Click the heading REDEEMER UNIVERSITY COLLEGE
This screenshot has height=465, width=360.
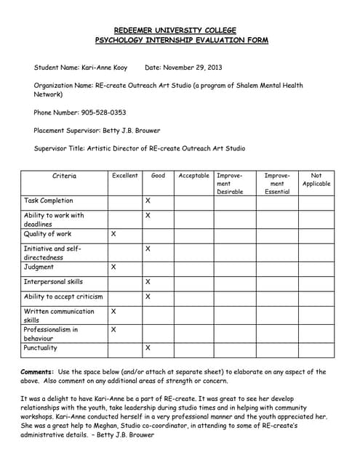click(x=180, y=30)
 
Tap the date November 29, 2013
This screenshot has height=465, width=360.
click(x=196, y=68)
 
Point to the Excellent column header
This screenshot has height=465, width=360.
click(x=124, y=176)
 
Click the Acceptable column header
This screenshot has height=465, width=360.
click(x=193, y=176)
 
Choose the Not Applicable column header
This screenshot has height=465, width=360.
click(x=316, y=179)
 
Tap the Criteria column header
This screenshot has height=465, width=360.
click(x=64, y=176)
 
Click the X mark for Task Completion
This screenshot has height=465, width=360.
click(x=148, y=201)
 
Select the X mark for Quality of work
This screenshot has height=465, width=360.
click(x=113, y=235)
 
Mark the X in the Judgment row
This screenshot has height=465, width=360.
click(x=113, y=267)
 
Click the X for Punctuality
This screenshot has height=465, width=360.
click(x=148, y=348)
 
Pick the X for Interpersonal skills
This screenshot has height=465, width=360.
click(x=148, y=282)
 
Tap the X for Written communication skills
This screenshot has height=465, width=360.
click(x=113, y=311)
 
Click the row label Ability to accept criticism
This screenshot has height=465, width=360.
click(x=63, y=296)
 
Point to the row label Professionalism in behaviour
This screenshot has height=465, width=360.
click(x=51, y=333)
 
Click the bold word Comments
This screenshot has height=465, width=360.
click(x=37, y=372)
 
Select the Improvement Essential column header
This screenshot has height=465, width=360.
click(x=277, y=183)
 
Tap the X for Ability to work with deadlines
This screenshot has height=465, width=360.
click(x=148, y=216)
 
